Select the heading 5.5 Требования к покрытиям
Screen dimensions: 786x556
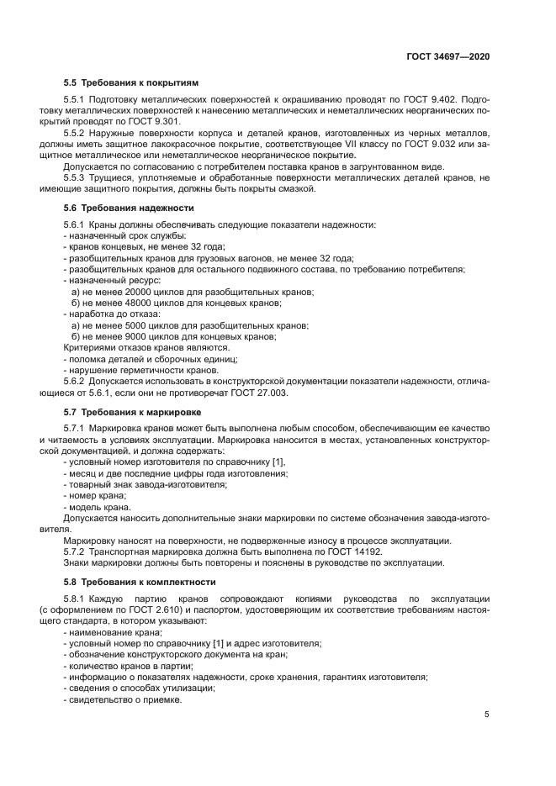130,83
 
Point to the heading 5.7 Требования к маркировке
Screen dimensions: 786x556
132,412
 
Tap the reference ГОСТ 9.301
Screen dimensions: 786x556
156,120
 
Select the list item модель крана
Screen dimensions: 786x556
99,508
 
